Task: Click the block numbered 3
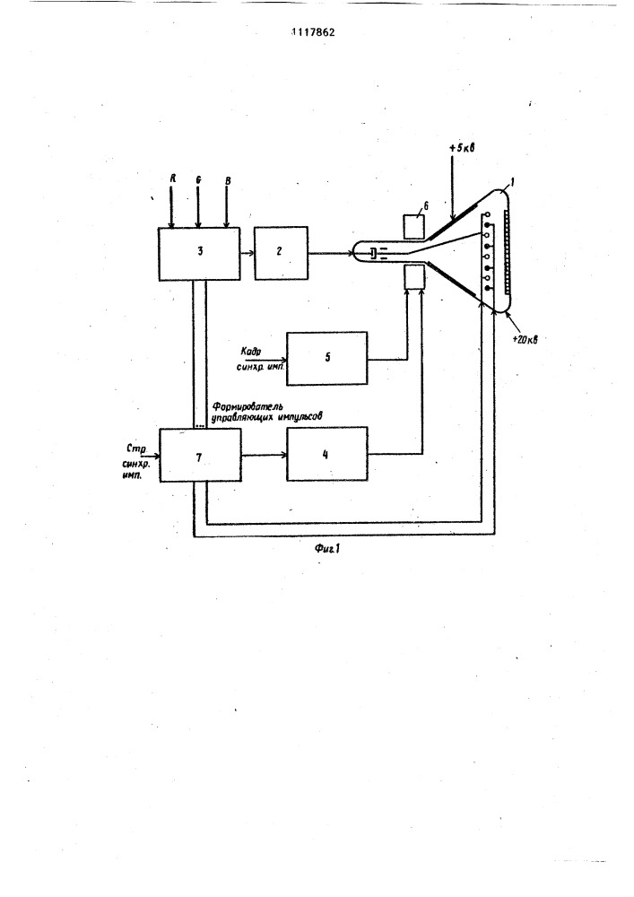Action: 199,253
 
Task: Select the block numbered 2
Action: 281,253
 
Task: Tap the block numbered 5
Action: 327,357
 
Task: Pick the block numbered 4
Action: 327,455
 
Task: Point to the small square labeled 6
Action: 414,224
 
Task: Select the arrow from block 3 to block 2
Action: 248,254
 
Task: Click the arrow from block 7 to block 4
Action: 264,455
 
